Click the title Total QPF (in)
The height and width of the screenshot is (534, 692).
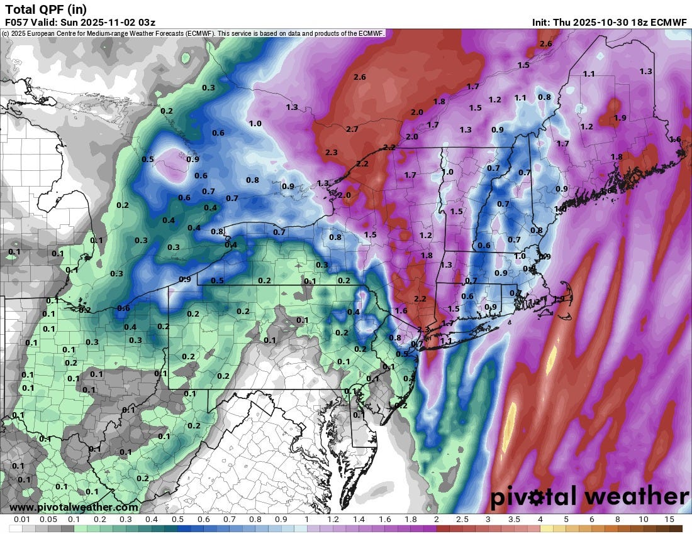(x=46, y=9)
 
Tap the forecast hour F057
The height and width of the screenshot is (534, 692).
(x=17, y=23)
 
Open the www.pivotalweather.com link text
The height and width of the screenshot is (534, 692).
(x=74, y=507)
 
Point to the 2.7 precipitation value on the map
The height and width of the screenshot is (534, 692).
(x=352, y=129)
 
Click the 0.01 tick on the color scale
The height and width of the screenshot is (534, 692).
(x=23, y=520)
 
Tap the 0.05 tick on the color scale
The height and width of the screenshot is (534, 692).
(x=48, y=520)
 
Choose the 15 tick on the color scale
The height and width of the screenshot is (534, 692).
(x=669, y=520)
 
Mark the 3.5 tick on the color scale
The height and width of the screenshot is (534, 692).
(x=514, y=520)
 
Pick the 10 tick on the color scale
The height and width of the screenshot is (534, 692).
(x=644, y=520)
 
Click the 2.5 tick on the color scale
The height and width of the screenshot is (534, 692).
(x=462, y=520)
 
